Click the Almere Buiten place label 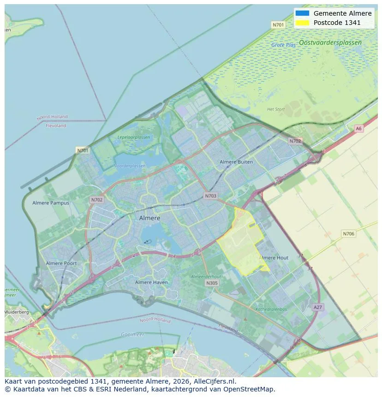[236, 162]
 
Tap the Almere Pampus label [51, 203]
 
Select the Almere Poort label [61, 263]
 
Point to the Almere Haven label [151, 282]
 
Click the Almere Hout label [275, 258]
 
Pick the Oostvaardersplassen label [330, 43]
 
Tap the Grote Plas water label [284, 45]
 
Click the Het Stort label [276, 109]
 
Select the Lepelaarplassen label [134, 137]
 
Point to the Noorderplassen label [129, 166]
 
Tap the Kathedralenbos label [271, 309]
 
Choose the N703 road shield [210, 196]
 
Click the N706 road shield [348, 234]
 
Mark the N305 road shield [212, 283]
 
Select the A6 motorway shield [358, 129]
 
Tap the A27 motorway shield [317, 307]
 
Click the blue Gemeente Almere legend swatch [303, 13]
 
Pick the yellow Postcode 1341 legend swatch [303, 23]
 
